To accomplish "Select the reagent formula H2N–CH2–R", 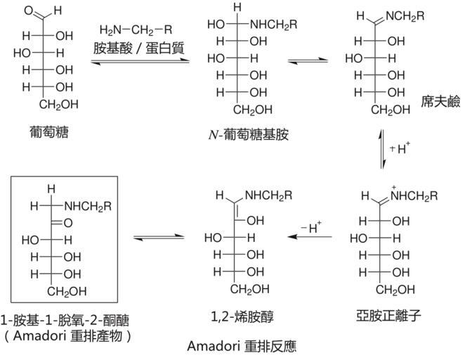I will tap(136, 30).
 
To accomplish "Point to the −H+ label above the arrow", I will tap(312, 226).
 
